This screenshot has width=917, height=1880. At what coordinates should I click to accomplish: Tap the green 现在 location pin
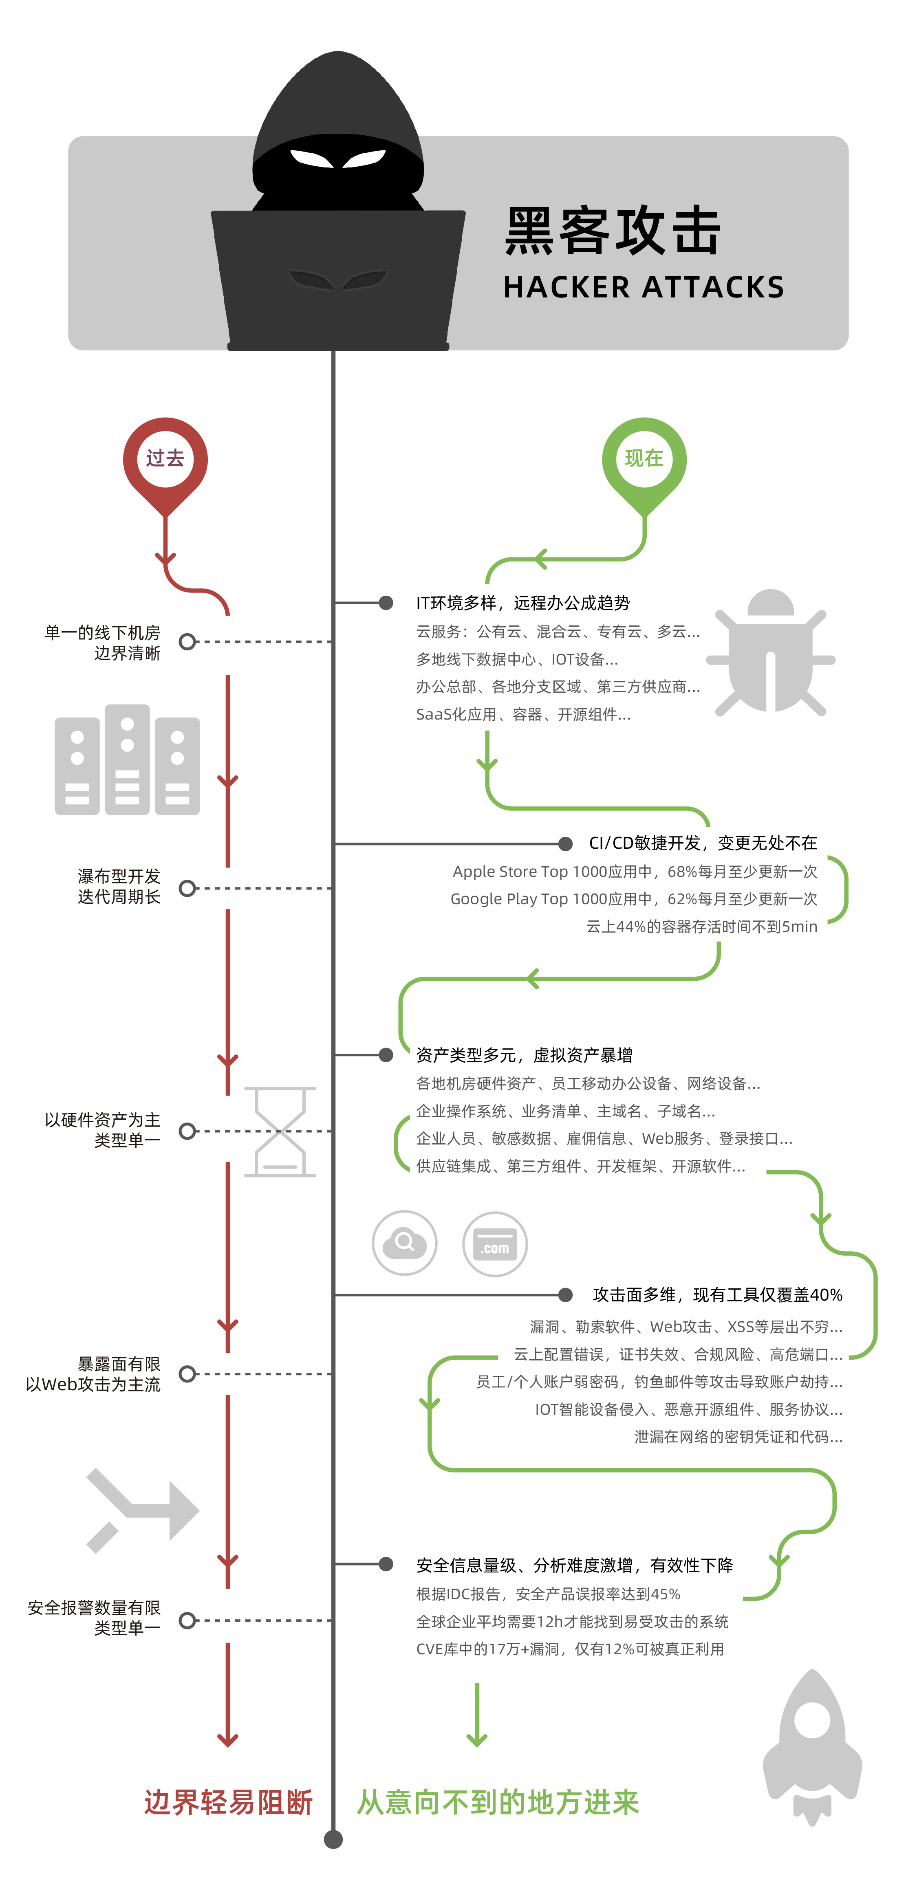click(644, 460)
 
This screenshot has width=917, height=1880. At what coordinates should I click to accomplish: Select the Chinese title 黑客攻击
click(613, 231)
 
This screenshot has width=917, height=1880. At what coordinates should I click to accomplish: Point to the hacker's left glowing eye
click(310, 158)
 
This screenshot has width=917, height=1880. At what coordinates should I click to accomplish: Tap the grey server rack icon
click(127, 760)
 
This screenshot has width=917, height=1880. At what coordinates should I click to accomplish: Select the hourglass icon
click(280, 1131)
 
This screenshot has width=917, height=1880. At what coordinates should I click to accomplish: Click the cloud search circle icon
click(404, 1243)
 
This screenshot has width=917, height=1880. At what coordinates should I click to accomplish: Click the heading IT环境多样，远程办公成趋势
click(523, 603)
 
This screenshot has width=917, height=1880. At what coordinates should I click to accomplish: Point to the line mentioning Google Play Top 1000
click(634, 899)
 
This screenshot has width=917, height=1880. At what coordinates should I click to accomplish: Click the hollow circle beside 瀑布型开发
click(187, 888)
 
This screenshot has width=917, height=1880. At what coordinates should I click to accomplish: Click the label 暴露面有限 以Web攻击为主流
click(93, 1374)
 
